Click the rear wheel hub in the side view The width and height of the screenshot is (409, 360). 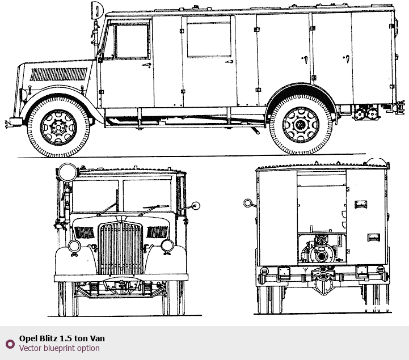pyautogui.click(x=301, y=125)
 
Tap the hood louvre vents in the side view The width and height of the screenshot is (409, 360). pyautogui.click(x=58, y=74)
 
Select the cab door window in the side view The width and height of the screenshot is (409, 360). pyautogui.click(x=132, y=42)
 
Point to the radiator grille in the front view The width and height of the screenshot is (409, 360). pyautogui.click(x=120, y=248)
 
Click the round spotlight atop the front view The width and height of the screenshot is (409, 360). pyautogui.click(x=68, y=172)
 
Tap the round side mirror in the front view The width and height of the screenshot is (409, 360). pyautogui.click(x=196, y=206)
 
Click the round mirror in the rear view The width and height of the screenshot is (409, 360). pyautogui.click(x=247, y=203)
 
